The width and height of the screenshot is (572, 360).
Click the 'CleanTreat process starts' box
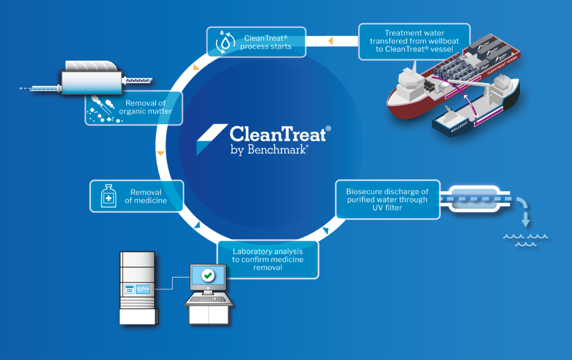point(256,42)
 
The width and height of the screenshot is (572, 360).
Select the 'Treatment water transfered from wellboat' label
point(414,41)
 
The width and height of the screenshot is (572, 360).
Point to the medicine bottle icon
point(107,196)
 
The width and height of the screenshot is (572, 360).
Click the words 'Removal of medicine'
point(146,196)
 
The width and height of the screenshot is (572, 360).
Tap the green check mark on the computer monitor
point(208,275)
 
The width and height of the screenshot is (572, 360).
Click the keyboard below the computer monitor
point(208,300)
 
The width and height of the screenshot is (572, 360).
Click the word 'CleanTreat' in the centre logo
point(280,135)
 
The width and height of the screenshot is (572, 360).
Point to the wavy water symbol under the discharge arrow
point(526,240)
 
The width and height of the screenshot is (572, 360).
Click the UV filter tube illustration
point(475,198)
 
